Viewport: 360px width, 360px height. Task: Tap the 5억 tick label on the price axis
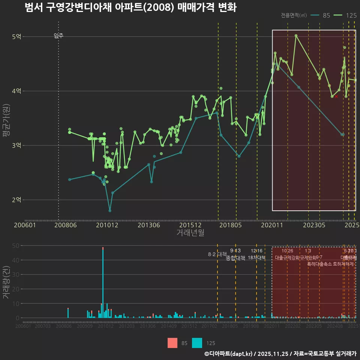pos(17,37)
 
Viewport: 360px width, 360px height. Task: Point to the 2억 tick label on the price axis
pos(17,200)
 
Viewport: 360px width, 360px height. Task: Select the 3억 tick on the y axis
pos(17,145)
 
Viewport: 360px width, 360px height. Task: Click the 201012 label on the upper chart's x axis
pos(107,225)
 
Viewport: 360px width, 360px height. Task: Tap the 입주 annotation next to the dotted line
pos(58,36)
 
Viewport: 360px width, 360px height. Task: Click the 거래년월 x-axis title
pos(190,233)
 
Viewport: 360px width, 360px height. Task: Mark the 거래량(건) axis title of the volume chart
pos(6,281)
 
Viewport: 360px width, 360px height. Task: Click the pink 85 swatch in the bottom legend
pos(172,343)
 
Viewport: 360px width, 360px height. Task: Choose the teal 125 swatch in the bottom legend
pos(197,343)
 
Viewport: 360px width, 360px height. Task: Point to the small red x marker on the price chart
pos(336,97)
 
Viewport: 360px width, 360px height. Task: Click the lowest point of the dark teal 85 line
pos(110,210)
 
